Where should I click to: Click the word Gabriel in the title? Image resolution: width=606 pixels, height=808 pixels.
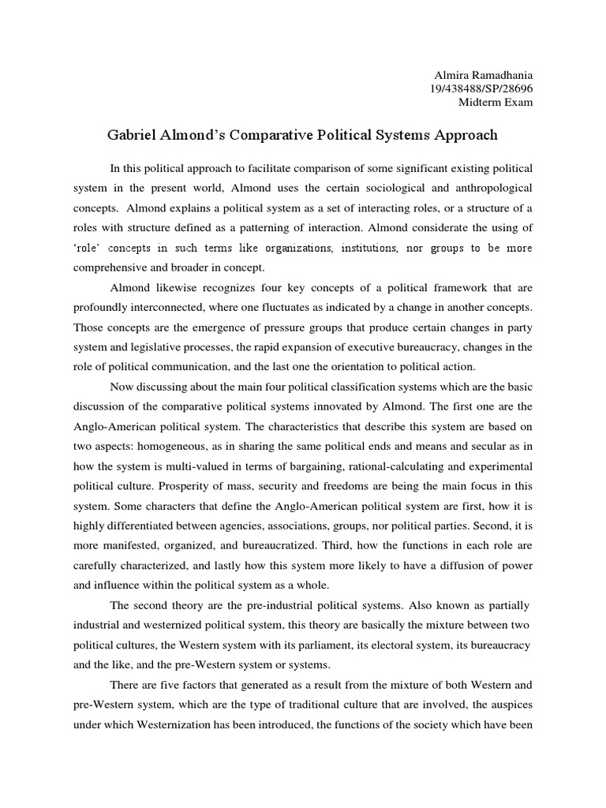134,135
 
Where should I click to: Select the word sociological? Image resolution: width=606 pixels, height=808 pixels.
368,189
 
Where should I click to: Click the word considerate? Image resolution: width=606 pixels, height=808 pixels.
440,228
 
